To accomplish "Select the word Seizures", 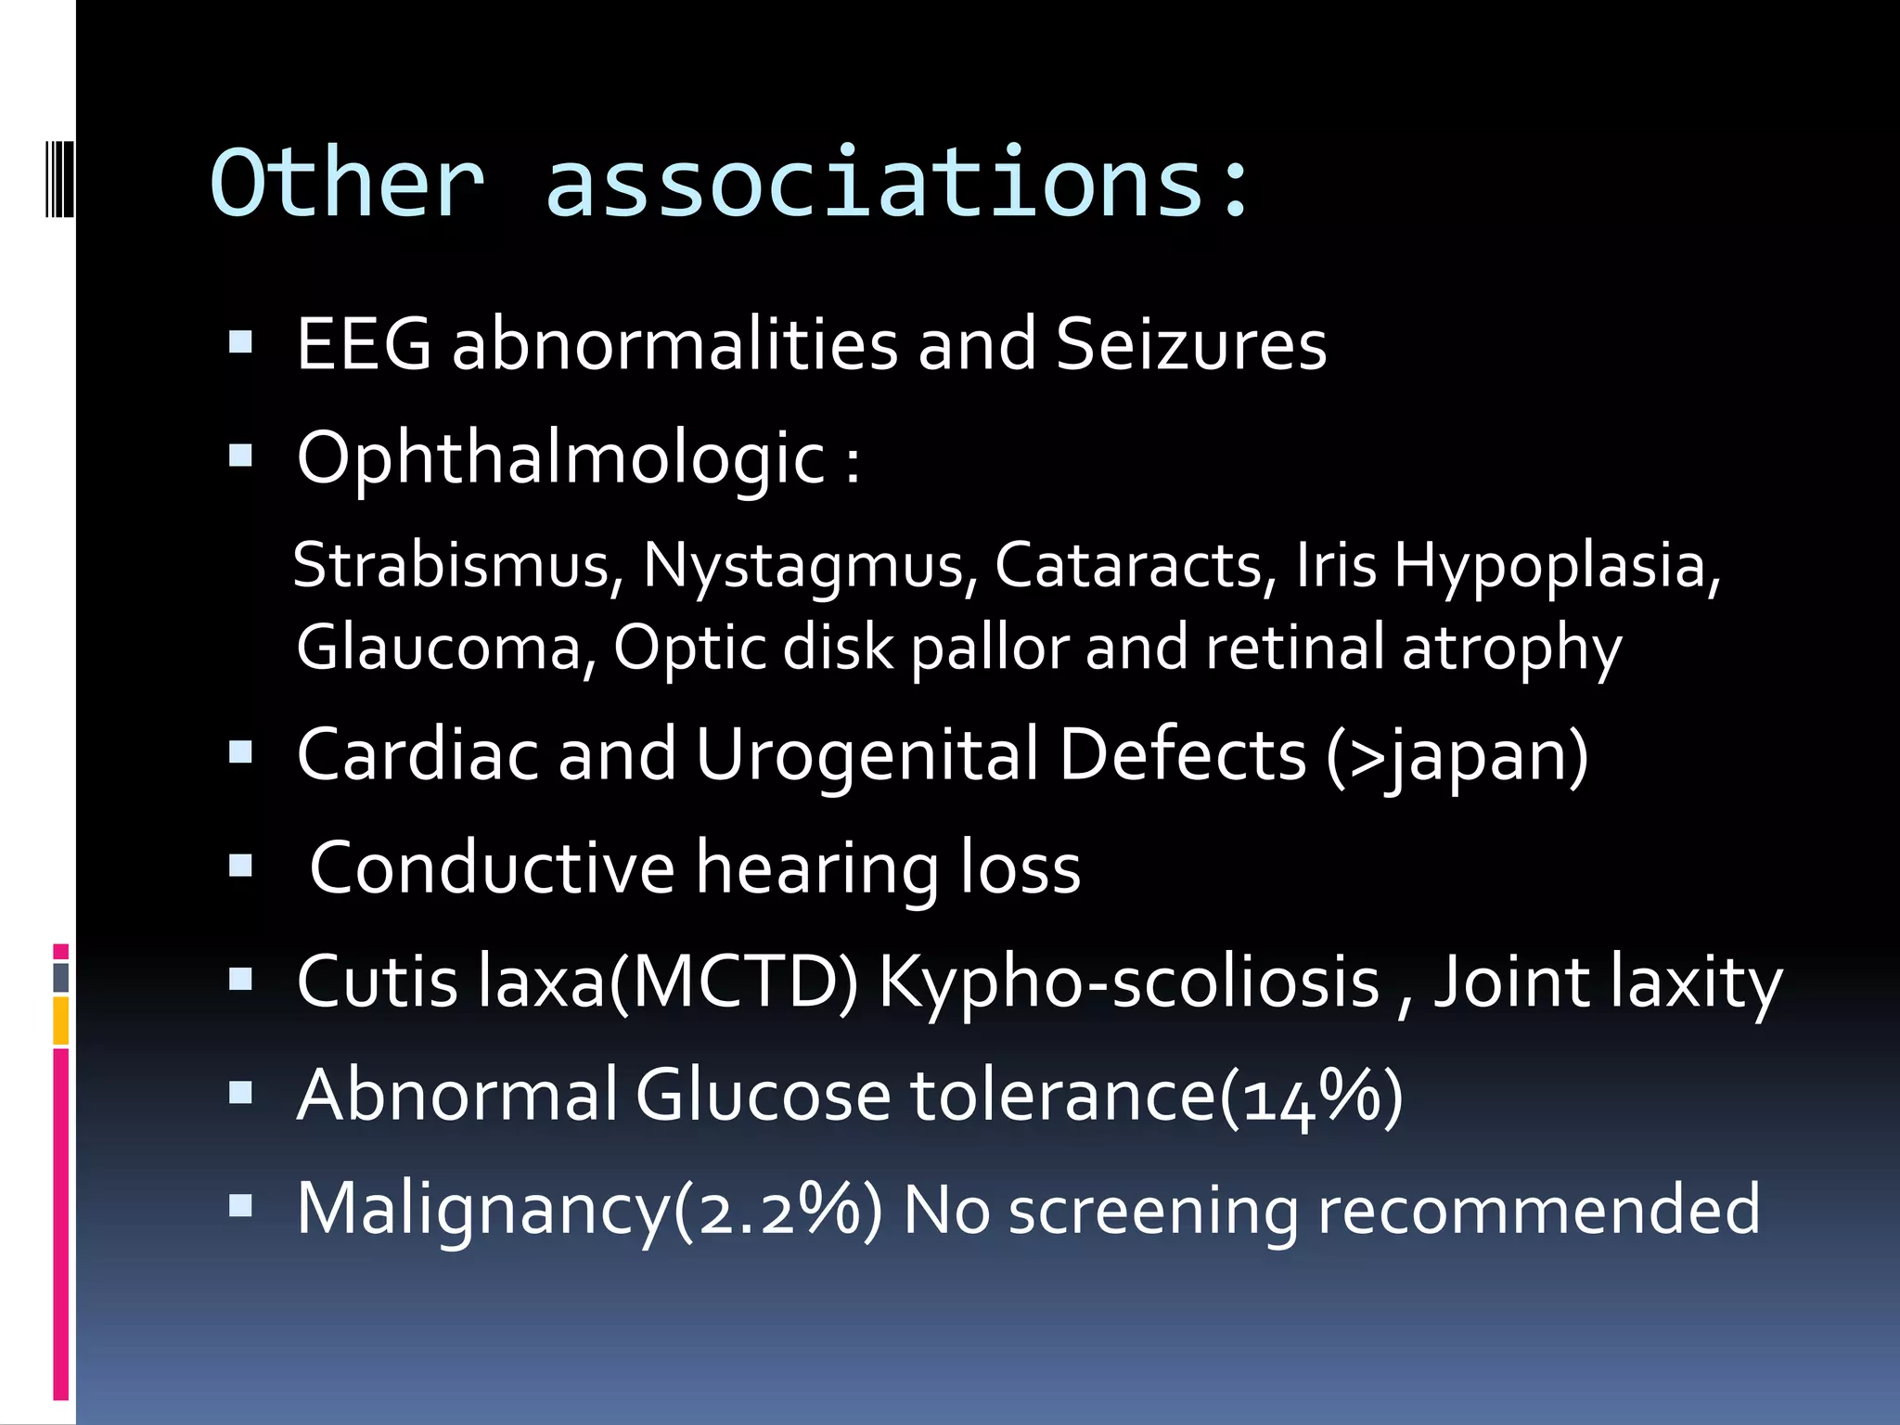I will (1191, 344).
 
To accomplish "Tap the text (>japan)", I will (1457, 754).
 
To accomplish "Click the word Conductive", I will (492, 867).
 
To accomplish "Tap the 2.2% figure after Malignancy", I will (778, 1209).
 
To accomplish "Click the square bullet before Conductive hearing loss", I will (240, 866).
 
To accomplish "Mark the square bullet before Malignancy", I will (240, 1205).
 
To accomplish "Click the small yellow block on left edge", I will (60, 1021).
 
